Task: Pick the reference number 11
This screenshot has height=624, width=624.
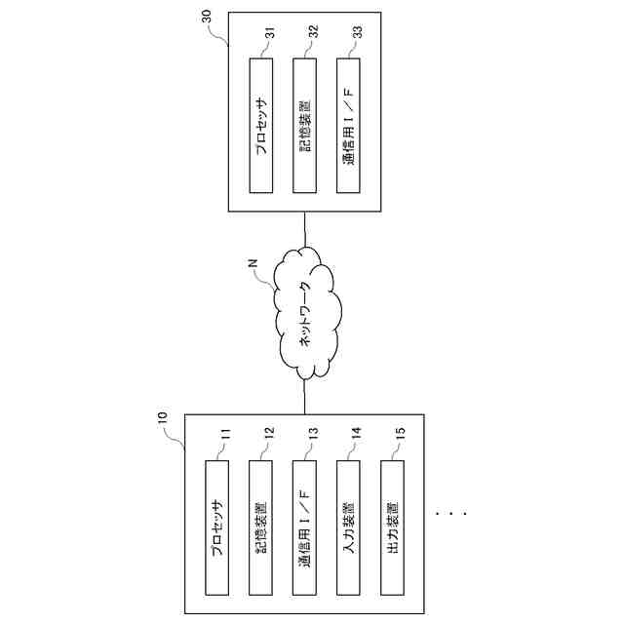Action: tap(224, 438)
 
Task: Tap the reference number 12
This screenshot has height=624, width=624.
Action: tap(270, 438)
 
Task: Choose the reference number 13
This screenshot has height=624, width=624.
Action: tap(313, 438)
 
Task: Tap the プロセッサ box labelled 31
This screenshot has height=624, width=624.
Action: tap(261, 127)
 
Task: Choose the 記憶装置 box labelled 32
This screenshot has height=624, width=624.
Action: tap(305, 127)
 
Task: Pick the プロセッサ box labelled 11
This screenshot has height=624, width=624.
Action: tap(216, 528)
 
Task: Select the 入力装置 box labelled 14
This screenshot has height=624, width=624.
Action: tap(348, 528)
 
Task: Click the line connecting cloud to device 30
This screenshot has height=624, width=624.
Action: tap(305, 228)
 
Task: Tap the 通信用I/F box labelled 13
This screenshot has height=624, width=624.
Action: tap(305, 528)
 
